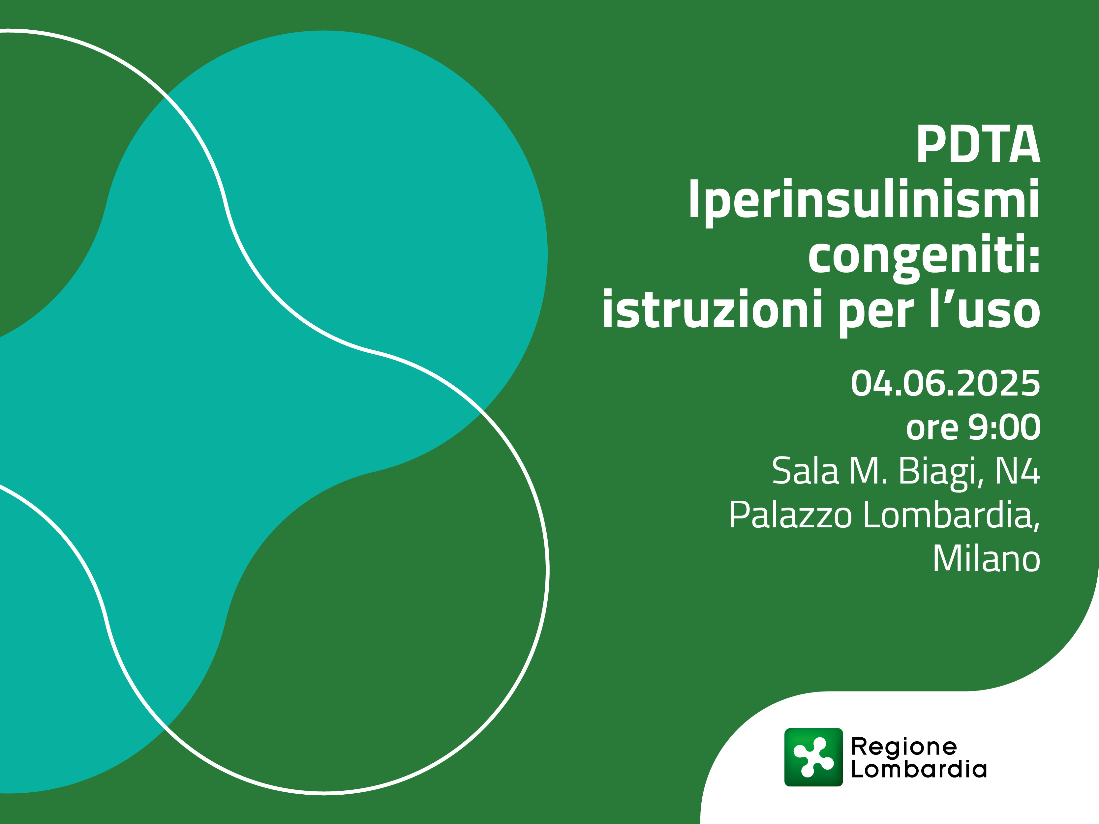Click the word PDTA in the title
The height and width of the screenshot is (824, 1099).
point(978,145)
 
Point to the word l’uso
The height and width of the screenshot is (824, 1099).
point(984,310)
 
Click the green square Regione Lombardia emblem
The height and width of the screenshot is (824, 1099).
point(814,757)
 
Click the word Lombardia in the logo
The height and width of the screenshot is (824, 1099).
point(919,769)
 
